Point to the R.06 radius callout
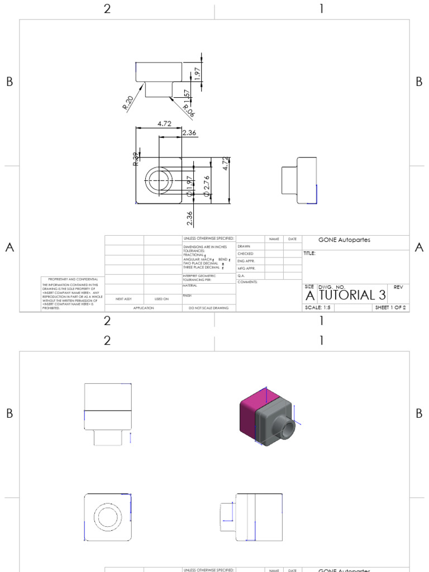(189, 110)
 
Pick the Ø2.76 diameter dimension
(206, 185)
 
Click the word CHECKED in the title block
(245, 254)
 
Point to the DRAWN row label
(244, 246)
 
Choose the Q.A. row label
(241, 275)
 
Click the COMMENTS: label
(246, 282)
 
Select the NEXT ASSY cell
(123, 299)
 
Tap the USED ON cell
(162, 299)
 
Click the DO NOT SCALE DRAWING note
(208, 308)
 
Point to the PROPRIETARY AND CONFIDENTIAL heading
(73, 279)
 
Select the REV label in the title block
(398, 287)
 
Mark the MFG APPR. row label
(246, 268)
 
